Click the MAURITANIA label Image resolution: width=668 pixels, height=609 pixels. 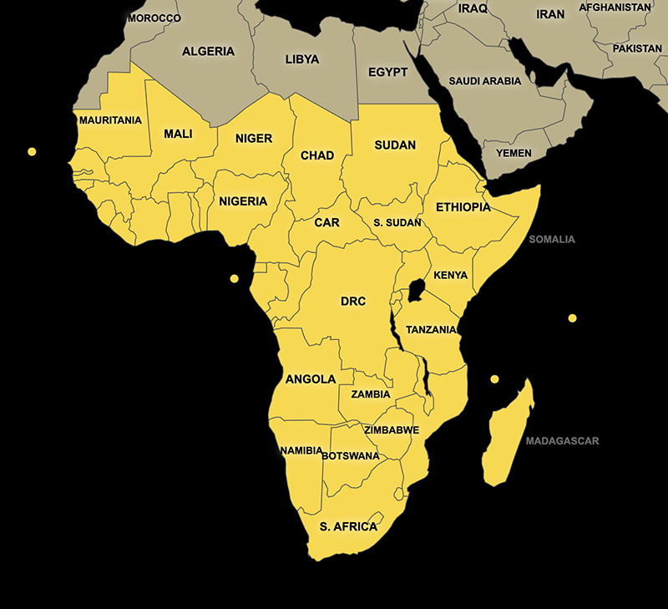tap(110, 120)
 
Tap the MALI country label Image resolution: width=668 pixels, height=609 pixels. tap(178, 134)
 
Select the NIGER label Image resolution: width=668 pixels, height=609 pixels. tap(254, 138)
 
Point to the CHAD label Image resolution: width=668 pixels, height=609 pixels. tap(317, 155)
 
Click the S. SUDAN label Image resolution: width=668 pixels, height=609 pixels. tap(397, 223)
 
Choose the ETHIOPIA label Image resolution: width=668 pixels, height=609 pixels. tap(463, 207)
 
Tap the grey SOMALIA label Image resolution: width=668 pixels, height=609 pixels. tap(552, 240)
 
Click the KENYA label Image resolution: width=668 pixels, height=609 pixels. tap(451, 275)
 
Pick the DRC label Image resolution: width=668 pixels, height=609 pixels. tap(353, 301)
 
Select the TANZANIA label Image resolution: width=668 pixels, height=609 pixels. tap(431, 330)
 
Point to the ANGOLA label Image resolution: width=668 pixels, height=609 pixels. tap(311, 378)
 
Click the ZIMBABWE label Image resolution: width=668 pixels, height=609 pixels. tap(392, 430)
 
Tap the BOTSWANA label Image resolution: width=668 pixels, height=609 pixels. tap(350, 456)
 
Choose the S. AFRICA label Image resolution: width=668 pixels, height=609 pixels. tap(348, 526)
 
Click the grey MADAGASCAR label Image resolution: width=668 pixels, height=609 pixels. tap(562, 441)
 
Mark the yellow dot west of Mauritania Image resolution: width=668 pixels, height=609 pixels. tap(32, 152)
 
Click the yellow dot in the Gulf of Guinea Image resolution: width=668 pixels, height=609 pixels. tap(235, 278)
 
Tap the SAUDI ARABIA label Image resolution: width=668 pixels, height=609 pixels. tap(485, 81)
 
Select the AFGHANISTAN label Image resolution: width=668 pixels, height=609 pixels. tap(615, 8)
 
